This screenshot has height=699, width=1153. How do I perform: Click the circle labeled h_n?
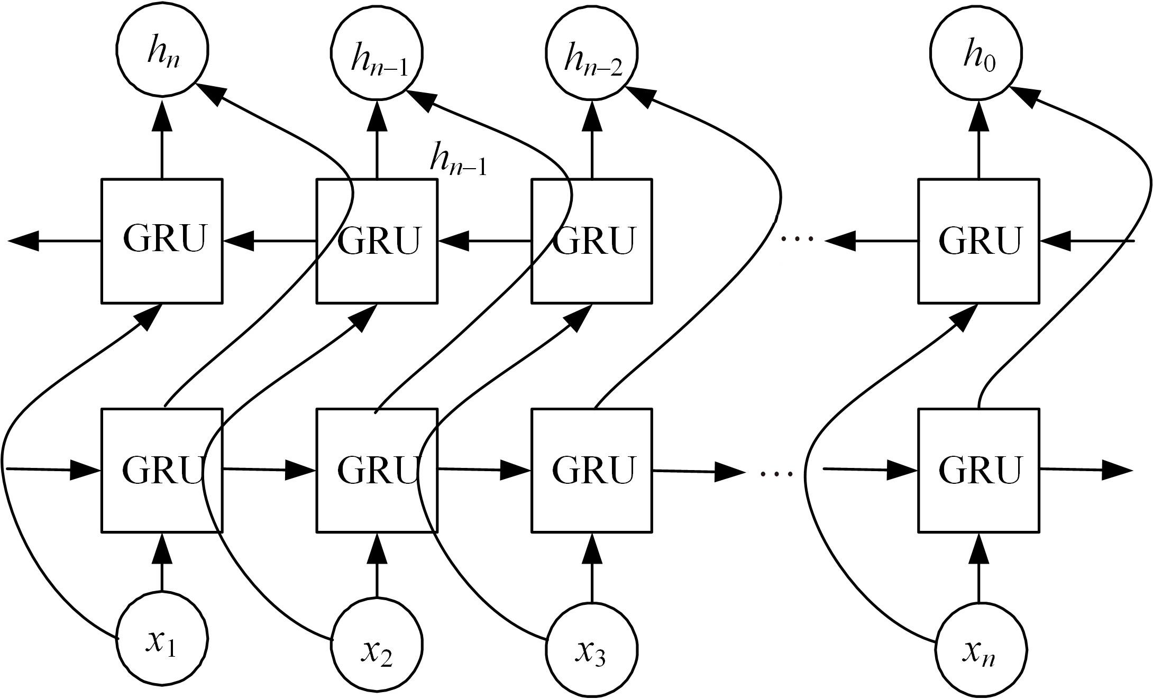162,51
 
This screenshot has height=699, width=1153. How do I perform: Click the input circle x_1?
162,638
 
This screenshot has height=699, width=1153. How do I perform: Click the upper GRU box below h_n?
162,241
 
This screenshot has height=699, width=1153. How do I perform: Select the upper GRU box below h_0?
978,241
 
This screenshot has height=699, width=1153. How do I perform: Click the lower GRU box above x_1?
162,470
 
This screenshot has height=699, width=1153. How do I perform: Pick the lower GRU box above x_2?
377,470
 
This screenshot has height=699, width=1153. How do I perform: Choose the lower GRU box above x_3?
592,470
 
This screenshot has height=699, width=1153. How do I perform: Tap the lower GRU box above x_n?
978,470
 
